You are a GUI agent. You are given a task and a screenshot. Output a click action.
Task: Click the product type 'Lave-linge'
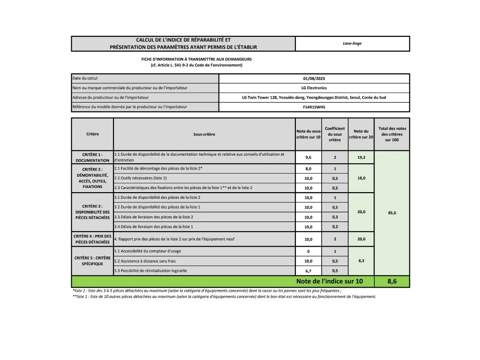[x=352, y=43]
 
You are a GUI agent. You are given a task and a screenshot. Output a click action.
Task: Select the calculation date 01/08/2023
[x=314, y=78]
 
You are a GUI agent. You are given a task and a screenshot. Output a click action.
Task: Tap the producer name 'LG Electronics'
[x=314, y=88]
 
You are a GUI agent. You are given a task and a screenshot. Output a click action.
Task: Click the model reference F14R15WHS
[x=314, y=107]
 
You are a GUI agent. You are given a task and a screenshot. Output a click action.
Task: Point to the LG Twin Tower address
[x=314, y=97]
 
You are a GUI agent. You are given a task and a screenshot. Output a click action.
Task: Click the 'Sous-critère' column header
[x=204, y=134]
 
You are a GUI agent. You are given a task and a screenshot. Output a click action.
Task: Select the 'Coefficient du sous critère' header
[x=335, y=134]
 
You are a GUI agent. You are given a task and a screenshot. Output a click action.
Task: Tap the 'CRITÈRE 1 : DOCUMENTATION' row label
[x=92, y=157]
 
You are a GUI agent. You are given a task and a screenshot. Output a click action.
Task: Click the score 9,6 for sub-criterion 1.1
[x=308, y=157]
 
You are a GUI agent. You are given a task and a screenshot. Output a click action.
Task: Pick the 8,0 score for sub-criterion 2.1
[x=308, y=169]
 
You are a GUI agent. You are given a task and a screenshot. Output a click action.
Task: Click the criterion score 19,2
[x=361, y=157]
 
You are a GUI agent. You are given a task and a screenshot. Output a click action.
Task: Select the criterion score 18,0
[x=361, y=178]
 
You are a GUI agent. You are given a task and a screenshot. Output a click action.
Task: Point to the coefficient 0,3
[x=335, y=217]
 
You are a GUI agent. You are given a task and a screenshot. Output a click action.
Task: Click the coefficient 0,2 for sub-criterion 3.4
[x=335, y=227]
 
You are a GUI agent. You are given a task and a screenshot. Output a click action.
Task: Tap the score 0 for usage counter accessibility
[x=308, y=251]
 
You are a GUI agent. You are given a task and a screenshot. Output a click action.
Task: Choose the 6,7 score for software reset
[x=308, y=271]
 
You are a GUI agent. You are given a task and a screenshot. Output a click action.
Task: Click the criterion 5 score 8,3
[x=361, y=261]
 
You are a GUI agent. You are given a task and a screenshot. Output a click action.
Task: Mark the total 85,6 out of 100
[x=392, y=213]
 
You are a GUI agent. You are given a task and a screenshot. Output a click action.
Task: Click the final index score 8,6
[x=392, y=281]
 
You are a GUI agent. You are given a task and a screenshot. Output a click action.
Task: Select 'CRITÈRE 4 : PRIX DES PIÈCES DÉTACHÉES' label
[x=92, y=239]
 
